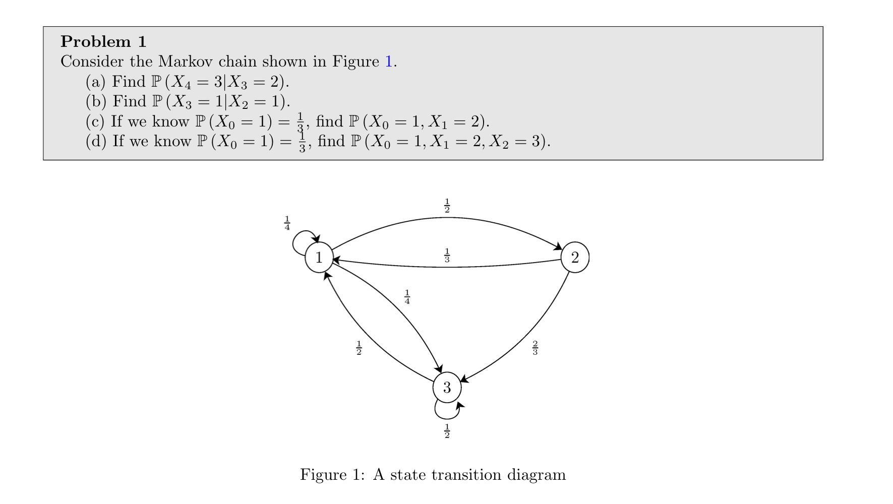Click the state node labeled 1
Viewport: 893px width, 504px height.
319,258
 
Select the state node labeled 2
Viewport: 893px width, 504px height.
575,258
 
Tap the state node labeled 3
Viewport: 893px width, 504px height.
447,388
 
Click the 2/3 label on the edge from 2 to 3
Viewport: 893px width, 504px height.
535,348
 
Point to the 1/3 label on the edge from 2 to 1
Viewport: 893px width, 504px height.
447,256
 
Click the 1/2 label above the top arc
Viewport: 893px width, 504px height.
447,206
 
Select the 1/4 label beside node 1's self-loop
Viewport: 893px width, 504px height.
287,223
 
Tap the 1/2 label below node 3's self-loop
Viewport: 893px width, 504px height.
447,431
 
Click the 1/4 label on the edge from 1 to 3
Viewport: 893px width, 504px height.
407,297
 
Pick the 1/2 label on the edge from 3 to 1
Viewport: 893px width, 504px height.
359,348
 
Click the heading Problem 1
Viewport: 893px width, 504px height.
103,41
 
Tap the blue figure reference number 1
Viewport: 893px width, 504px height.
388,61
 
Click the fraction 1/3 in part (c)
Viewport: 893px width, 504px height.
300,122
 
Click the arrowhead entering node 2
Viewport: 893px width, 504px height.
558,247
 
